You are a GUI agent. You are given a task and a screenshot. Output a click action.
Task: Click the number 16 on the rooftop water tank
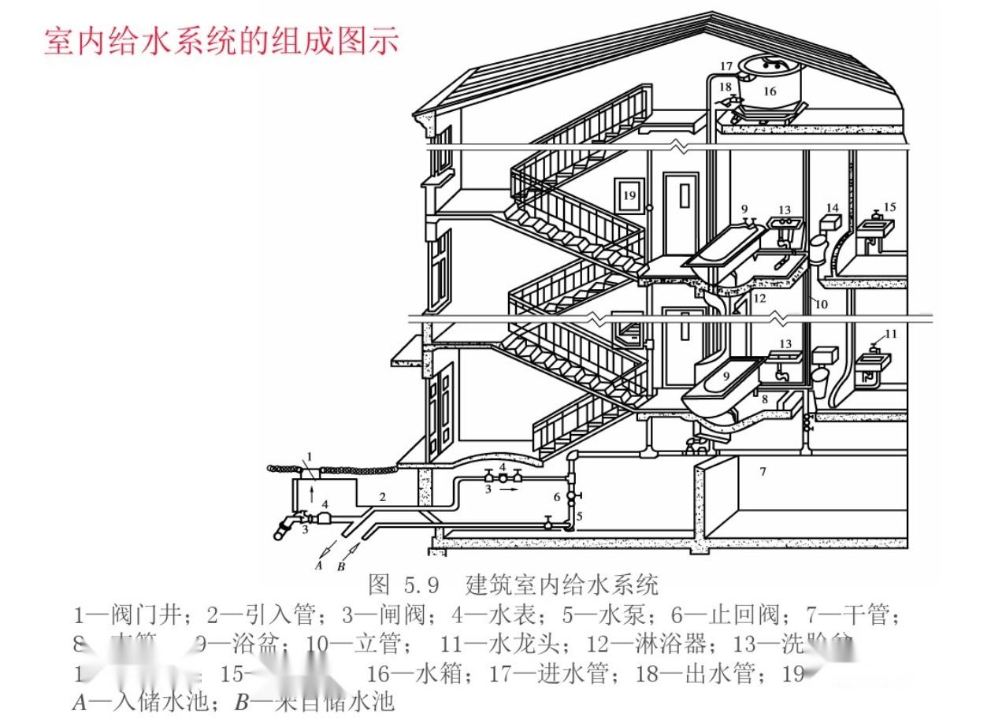[770, 91]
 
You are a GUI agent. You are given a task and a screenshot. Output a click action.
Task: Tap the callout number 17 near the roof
[726, 66]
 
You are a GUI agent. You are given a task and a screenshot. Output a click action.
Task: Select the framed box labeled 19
[629, 195]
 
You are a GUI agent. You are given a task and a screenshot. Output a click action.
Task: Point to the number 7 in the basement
[762, 472]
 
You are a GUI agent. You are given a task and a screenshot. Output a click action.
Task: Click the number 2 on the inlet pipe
[382, 497]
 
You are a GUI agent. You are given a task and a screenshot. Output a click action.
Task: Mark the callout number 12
[759, 299]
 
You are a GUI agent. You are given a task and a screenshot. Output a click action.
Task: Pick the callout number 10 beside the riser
[822, 304]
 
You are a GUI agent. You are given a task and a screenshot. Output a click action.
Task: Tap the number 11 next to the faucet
[890, 334]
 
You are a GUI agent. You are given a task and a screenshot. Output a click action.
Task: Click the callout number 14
[833, 209]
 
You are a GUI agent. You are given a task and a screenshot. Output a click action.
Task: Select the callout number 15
[889, 206]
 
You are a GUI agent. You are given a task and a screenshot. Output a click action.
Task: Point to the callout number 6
[556, 497]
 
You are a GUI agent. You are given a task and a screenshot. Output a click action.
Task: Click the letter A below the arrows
[318, 565]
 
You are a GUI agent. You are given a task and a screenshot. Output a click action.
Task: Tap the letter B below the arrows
[341, 565]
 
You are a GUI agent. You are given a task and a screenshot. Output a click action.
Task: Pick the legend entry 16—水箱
[416, 674]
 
